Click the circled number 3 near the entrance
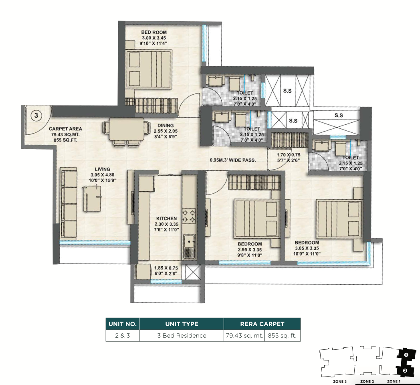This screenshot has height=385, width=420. pos(36,115)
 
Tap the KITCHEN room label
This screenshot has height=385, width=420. pos(166,219)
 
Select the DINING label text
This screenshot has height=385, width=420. pos(166,125)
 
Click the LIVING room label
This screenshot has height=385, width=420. pos(102,169)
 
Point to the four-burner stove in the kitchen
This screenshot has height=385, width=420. pos(189,216)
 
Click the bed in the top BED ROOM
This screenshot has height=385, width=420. pos(149,69)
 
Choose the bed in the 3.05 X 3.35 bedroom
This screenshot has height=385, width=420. pos(339,219)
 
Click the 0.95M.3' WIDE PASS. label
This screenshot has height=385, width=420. pos(233,160)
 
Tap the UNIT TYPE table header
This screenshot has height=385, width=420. pos(182,324)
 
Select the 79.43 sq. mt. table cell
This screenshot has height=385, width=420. pos(244,336)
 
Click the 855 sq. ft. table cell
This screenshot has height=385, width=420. pos(282,336)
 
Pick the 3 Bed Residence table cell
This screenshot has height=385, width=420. pos(182,336)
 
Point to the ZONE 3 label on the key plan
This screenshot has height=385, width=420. pos(339,381)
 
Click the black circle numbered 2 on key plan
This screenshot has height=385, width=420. pos(406,355)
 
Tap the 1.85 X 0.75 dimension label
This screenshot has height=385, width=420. pos(166,268)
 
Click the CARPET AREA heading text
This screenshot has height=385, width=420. pos(65,129)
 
